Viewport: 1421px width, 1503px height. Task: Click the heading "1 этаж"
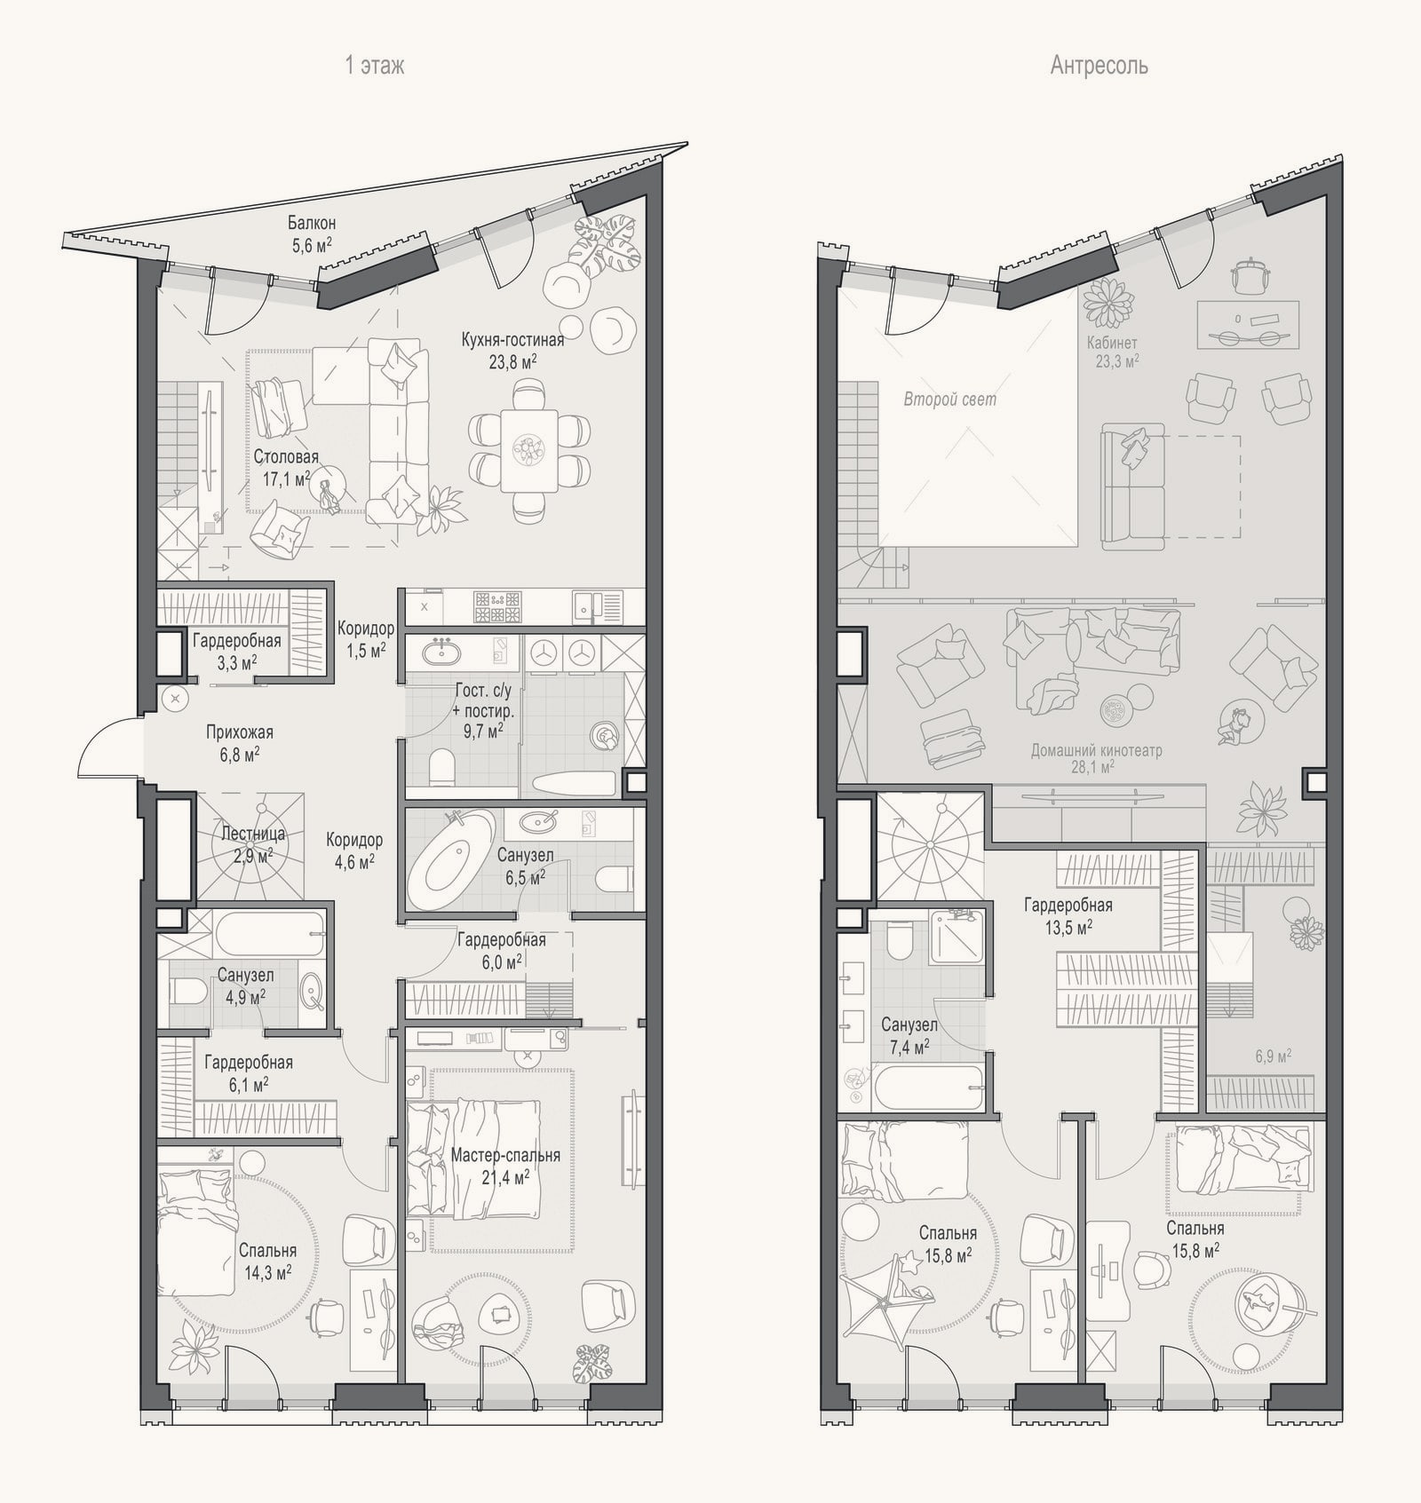point(374,66)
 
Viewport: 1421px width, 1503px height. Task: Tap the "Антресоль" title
point(1099,66)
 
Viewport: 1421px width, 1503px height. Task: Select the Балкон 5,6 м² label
point(311,233)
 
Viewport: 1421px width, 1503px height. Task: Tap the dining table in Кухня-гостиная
point(529,450)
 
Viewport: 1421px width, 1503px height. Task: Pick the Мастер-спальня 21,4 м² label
point(505,1166)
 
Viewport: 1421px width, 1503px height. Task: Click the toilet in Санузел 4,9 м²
point(187,992)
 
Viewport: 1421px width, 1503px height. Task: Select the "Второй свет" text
point(949,399)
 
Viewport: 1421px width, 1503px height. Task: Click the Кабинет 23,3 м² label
point(1113,352)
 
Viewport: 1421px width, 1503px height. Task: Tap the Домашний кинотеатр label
point(1096,758)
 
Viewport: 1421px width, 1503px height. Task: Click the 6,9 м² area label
point(1273,1056)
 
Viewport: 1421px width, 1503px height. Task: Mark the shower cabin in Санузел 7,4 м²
point(957,936)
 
